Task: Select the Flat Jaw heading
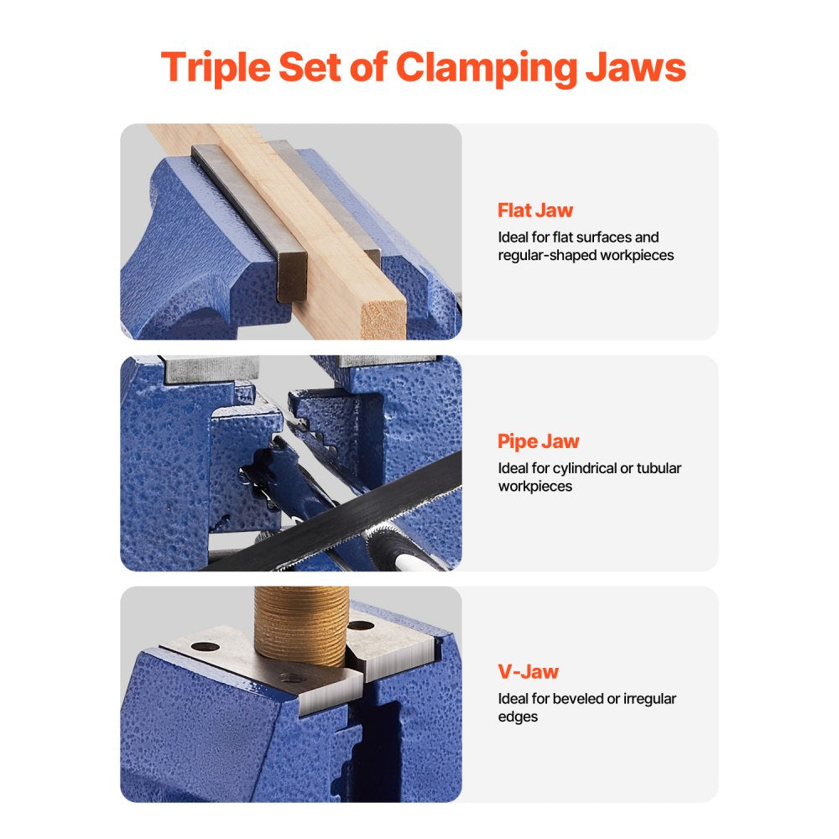535,211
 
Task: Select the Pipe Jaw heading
538,441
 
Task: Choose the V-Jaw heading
528,671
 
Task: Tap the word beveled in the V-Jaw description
584,699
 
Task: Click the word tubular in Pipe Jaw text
657,468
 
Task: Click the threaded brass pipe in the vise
300,625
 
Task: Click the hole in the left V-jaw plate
204,646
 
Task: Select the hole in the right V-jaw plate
361,626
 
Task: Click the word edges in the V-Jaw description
518,717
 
